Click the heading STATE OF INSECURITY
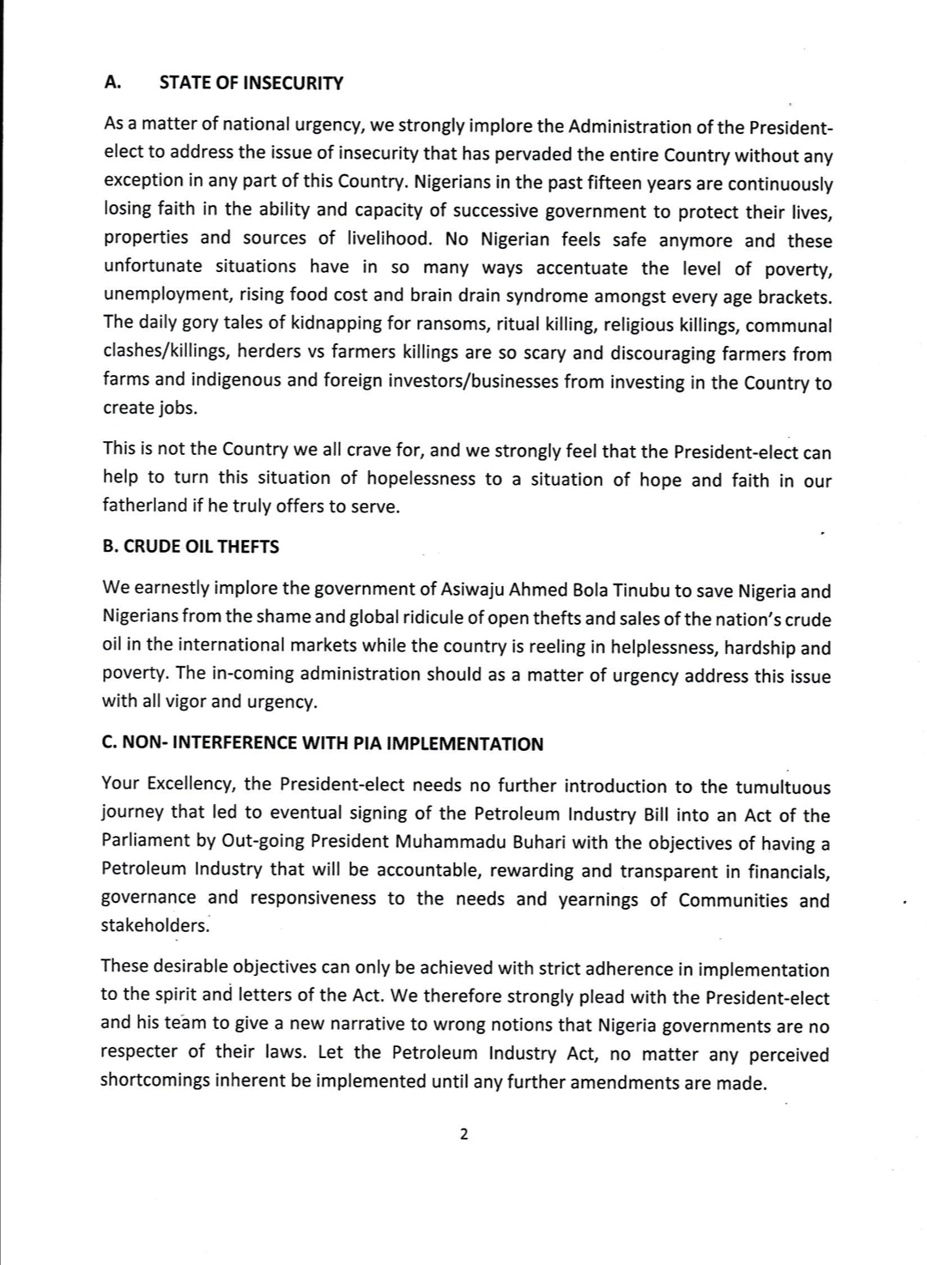pyautogui.click(x=251, y=83)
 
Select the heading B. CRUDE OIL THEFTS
pyautogui.click(x=191, y=547)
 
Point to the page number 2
pyautogui.click(x=463, y=1135)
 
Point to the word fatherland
pyautogui.click(x=143, y=505)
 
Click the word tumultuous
pyautogui.click(x=782, y=787)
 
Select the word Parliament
pyautogui.click(x=146, y=841)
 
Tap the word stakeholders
pyautogui.click(x=154, y=925)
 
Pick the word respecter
pyautogui.click(x=138, y=1052)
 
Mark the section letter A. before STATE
pyautogui.click(x=112, y=82)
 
